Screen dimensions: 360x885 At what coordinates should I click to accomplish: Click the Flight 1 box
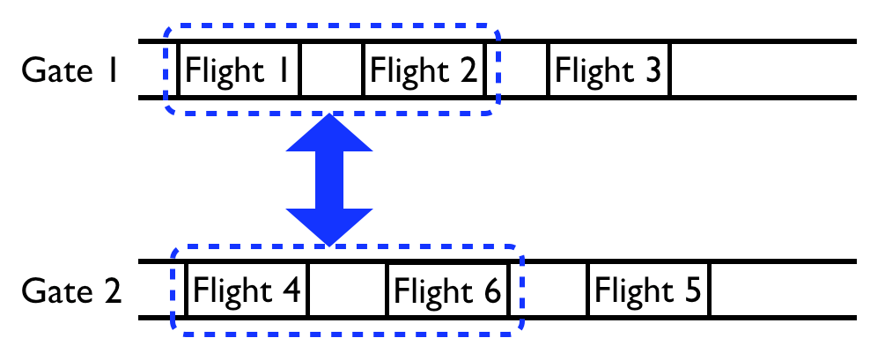(239, 69)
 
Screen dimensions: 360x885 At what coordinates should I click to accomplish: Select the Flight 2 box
(424, 69)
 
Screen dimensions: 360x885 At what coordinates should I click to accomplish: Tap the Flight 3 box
(609, 69)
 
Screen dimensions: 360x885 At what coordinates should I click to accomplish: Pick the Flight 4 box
(247, 289)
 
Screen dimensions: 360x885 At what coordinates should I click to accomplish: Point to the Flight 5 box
(649, 289)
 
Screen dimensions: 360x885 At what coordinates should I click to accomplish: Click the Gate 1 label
(70, 70)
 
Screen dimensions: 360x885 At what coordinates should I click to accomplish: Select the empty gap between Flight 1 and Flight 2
(332, 69)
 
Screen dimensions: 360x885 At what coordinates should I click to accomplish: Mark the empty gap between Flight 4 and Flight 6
(348, 289)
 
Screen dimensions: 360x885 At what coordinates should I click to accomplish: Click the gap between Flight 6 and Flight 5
(549, 289)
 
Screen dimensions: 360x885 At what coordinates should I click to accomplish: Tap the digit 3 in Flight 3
(652, 70)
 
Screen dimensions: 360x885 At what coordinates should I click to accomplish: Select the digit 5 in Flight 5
(691, 290)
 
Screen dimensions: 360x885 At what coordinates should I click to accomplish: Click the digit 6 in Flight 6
(490, 290)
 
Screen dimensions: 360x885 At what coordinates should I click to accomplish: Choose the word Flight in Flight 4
(231, 289)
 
